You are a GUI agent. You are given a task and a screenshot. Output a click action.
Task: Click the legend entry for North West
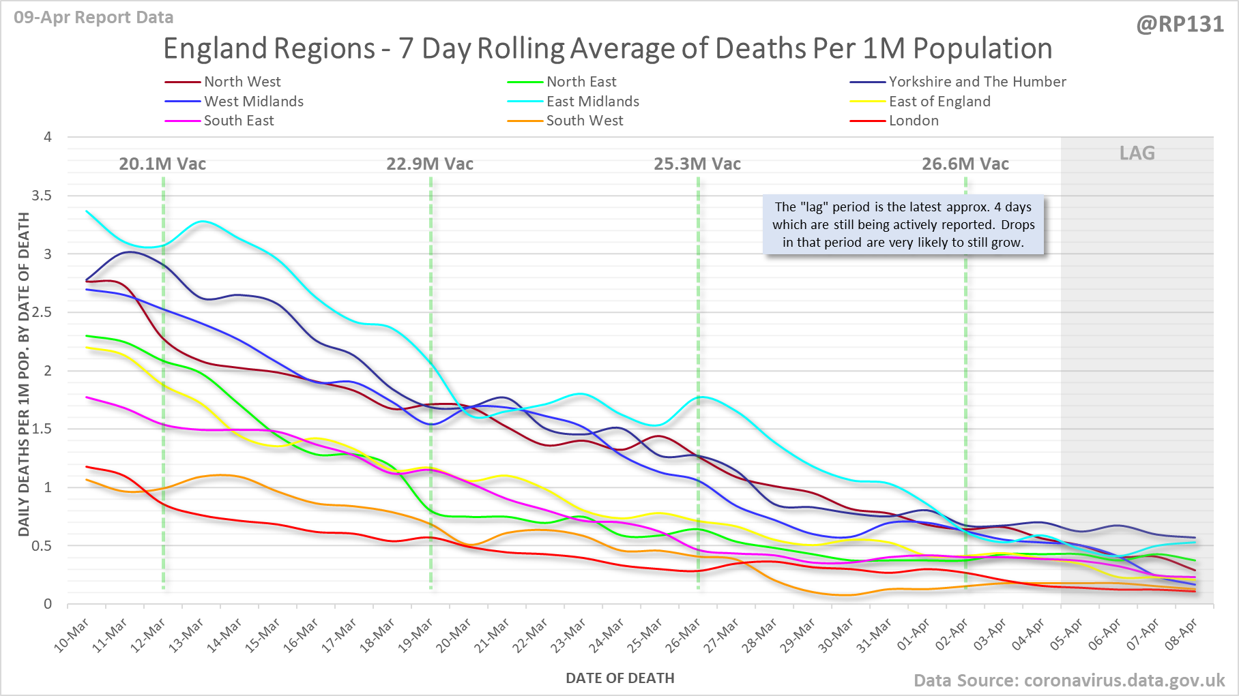pyautogui.click(x=242, y=82)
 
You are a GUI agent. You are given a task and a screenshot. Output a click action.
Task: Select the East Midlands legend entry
pyautogui.click(x=592, y=102)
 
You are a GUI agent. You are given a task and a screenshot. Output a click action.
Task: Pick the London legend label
pyautogui.click(x=914, y=121)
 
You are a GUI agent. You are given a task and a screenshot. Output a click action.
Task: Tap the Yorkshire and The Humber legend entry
pyautogui.click(x=977, y=82)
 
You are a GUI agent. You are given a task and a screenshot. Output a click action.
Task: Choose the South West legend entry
pyautogui.click(x=584, y=121)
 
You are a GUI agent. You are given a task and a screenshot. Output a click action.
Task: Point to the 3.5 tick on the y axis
pyautogui.click(x=42, y=196)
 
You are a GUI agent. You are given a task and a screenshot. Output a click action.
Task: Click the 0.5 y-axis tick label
pyautogui.click(x=42, y=546)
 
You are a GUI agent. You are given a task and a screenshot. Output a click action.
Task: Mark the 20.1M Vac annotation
pyautogui.click(x=162, y=164)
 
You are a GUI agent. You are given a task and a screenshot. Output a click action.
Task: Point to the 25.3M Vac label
pyautogui.click(x=697, y=164)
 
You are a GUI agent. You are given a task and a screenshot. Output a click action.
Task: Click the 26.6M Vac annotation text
pyautogui.click(x=965, y=164)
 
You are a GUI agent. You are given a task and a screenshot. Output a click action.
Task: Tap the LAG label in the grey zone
pyautogui.click(x=1137, y=153)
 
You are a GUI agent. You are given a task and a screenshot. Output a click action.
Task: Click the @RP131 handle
pyautogui.click(x=1180, y=25)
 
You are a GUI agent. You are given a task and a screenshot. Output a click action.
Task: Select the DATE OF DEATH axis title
pyautogui.click(x=619, y=678)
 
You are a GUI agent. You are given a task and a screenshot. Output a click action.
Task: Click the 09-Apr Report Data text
pyautogui.click(x=93, y=18)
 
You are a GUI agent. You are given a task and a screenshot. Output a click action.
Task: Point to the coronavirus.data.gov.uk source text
pyautogui.click(x=1124, y=680)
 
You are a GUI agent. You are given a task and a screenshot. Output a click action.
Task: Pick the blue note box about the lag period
pyautogui.click(x=903, y=225)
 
